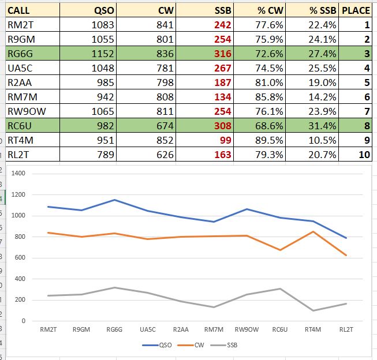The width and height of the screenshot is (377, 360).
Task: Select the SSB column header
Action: [221, 10]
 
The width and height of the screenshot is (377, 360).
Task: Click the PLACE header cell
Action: [356, 10]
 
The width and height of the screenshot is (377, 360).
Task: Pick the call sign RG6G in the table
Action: [21, 54]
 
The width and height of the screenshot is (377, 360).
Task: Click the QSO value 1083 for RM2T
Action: [103, 25]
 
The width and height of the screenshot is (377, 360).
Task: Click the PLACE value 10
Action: [364, 155]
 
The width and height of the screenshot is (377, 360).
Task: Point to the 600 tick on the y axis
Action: [21, 258]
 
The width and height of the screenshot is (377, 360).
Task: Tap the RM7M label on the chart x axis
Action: [214, 329]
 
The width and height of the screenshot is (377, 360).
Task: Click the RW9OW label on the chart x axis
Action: [247, 329]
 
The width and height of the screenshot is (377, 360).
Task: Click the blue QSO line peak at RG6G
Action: [115, 200]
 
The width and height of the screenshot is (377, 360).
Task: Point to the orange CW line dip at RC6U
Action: [280, 250]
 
